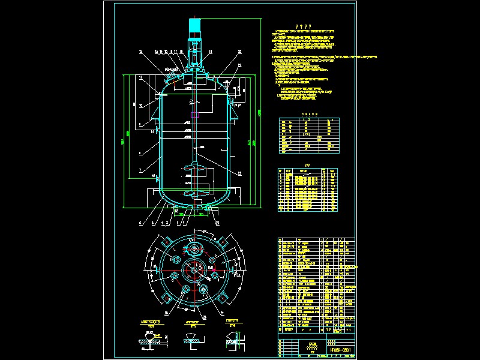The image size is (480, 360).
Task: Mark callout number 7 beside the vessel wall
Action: pyautogui.click(x=140, y=171)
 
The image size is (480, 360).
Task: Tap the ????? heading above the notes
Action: pyautogui.click(x=304, y=27)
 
